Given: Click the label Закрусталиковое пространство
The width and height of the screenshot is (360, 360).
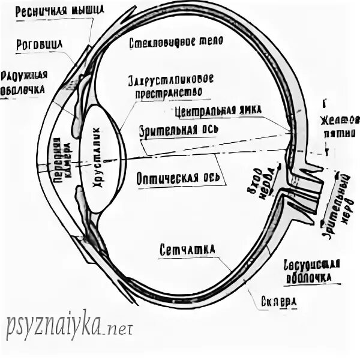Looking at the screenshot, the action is pos(170,86).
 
